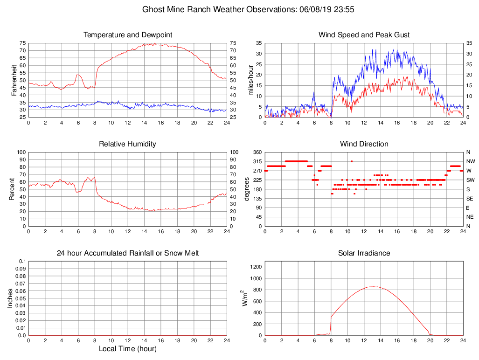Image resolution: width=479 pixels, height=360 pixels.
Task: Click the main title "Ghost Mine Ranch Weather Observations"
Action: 218,9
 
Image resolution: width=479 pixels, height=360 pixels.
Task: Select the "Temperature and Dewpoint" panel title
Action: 128,35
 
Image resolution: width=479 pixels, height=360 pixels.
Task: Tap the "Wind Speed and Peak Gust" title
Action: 364,35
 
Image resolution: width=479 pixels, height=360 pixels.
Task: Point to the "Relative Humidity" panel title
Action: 127,144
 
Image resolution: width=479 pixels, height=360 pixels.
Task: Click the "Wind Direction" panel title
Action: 364,144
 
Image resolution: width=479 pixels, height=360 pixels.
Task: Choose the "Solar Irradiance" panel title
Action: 364,253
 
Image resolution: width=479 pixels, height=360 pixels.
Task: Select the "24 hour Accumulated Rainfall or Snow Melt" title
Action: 128,253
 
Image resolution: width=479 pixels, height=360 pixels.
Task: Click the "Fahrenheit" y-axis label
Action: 14,80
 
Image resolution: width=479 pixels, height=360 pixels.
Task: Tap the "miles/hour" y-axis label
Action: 250,80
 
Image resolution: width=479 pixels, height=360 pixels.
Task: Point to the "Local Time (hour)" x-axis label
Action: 127,348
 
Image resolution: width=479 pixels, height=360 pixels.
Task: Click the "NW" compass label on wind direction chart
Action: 470,161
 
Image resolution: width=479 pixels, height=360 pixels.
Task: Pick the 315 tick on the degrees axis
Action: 256,161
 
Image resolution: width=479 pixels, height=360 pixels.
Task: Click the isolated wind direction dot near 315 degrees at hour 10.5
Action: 352,161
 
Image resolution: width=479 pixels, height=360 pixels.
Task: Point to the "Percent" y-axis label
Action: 12,189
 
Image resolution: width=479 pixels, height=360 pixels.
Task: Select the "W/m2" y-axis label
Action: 245,298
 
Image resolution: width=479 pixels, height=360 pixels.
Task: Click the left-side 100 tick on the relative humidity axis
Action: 20,152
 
